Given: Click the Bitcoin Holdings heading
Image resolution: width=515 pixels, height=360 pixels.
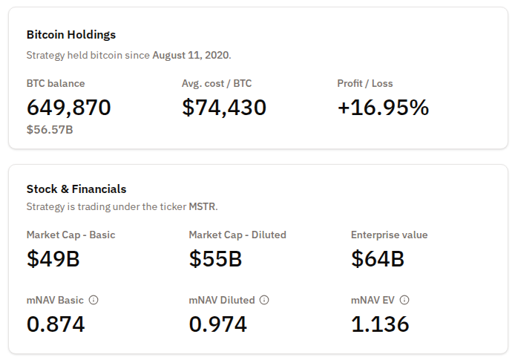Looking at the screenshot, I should coord(71,35).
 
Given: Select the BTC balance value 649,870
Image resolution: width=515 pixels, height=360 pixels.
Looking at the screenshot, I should coord(69,108).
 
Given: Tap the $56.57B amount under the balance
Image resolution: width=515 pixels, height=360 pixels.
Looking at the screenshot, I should coord(50,130).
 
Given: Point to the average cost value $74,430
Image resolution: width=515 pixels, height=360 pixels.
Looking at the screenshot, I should coord(224,108).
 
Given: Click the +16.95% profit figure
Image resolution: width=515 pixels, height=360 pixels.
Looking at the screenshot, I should coord(383,108).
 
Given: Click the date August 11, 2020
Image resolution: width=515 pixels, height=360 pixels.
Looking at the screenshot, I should coord(191,55).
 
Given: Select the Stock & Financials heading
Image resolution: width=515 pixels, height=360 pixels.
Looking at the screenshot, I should coord(76,189).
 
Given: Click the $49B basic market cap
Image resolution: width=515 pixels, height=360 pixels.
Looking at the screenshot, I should coord(53,259).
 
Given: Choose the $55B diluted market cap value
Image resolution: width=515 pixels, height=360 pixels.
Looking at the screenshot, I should coord(216,259).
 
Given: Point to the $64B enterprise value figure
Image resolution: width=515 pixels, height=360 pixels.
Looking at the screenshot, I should coord(378,259).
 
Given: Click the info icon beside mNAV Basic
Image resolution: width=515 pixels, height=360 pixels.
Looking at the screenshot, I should coord(94,300).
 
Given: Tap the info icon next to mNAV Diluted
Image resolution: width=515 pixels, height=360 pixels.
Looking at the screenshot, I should coord(265,300).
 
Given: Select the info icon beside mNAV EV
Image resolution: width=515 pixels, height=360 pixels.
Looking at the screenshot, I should coord(404,300).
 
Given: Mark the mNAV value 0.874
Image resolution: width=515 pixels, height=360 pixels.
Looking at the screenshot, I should coord(56,324).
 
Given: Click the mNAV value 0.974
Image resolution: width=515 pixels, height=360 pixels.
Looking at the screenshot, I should coord(218,324).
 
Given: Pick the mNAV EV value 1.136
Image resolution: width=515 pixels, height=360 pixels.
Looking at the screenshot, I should coord(380,324).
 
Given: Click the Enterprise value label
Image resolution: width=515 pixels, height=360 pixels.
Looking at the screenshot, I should coord(389,235).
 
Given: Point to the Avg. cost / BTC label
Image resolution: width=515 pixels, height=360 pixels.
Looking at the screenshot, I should coord(217,83).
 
